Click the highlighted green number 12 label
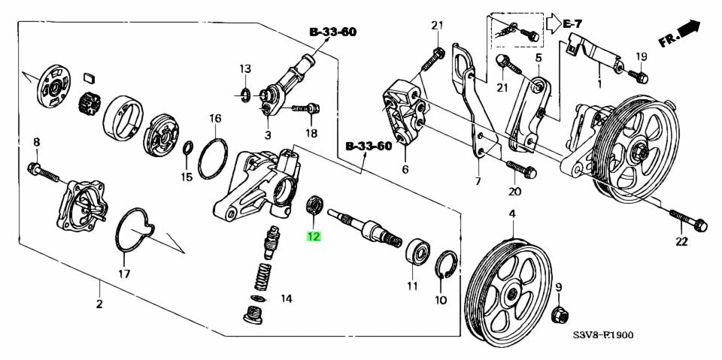(313, 237)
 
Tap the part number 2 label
(99, 304)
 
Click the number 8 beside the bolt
(36, 142)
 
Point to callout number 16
(215, 119)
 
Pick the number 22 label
(681, 241)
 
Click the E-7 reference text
(574, 25)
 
